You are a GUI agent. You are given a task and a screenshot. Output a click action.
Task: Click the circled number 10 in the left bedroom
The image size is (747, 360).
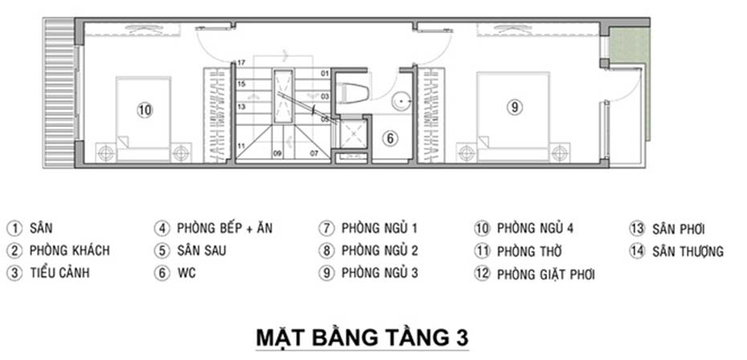click(x=144, y=111)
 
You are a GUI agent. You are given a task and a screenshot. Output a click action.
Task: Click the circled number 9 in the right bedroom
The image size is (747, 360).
click(x=515, y=106)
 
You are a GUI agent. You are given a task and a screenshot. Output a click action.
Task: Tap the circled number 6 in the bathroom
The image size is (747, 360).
click(x=389, y=138)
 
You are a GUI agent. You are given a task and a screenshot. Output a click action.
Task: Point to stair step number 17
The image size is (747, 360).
click(x=240, y=63)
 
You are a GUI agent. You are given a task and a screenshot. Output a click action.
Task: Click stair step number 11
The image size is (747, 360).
click(x=240, y=145)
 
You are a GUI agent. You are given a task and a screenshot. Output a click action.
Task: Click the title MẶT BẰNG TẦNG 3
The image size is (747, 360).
click(x=361, y=337)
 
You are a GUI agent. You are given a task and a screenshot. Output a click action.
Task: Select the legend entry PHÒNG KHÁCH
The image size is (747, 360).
click(x=69, y=251)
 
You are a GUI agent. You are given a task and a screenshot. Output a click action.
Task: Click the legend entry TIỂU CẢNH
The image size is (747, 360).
click(x=59, y=273)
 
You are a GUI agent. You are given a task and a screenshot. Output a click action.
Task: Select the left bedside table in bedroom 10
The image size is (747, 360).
click(x=105, y=151)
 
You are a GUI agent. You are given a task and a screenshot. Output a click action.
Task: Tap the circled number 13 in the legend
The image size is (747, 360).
click(x=637, y=229)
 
